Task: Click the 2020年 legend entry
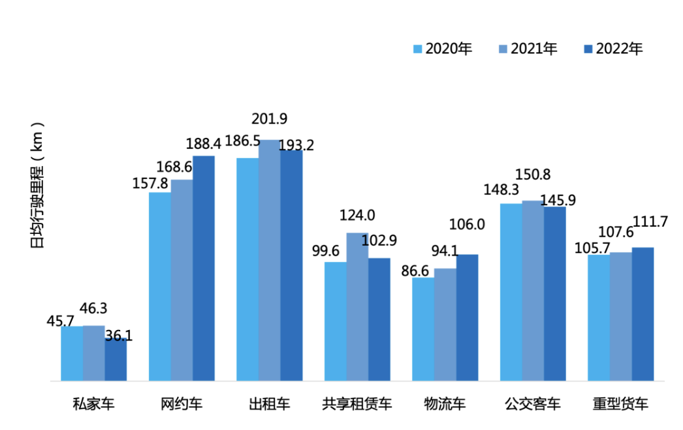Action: pos(442,49)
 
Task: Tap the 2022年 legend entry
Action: pos(613,49)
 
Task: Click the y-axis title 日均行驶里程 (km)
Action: pos(38,185)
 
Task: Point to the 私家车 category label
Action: pos(93,404)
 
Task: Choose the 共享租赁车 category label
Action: pos(357,404)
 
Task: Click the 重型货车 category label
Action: pos(620,404)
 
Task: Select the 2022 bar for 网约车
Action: pos(204,268)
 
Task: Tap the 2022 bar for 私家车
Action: pos(116,359)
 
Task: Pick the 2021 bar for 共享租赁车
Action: pos(357,306)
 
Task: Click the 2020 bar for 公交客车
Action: pos(511,292)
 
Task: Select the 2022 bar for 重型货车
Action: pos(643,314)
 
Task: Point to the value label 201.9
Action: pos(269,119)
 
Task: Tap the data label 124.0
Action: pos(357,215)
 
